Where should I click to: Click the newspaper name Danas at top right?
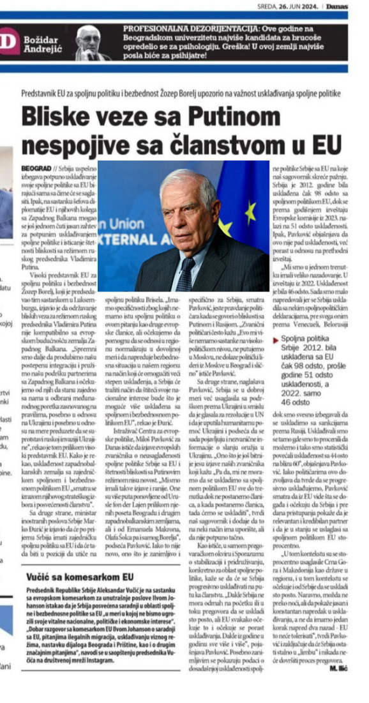(x=349, y=6)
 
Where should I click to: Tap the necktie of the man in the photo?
(x=185, y=274)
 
